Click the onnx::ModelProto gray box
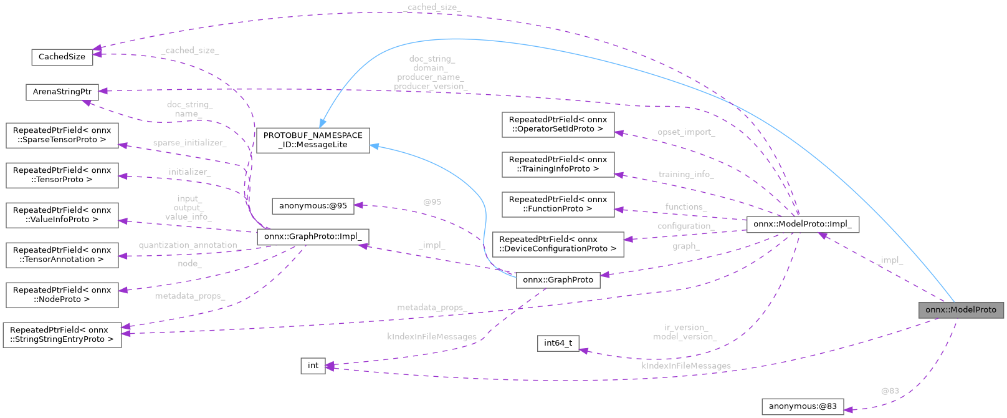(x=960, y=310)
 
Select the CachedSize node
(x=62, y=57)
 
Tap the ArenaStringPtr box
(x=62, y=92)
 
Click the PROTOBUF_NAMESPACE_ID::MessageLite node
(x=313, y=140)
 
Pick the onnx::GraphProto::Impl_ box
(x=313, y=237)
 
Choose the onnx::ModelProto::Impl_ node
(x=803, y=224)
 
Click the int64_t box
(x=558, y=343)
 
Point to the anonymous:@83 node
(x=803, y=407)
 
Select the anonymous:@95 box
(x=313, y=206)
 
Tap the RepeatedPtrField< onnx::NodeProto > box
(x=62, y=294)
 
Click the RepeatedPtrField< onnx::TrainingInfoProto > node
(x=558, y=164)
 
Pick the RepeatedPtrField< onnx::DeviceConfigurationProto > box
(x=558, y=244)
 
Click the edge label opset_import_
(x=685, y=132)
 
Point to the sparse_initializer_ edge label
(x=189, y=143)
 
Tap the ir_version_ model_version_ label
(x=685, y=332)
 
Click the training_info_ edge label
(x=685, y=175)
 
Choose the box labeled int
(x=313, y=366)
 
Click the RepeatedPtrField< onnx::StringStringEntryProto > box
(x=62, y=334)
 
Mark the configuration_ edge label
(x=685, y=226)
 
